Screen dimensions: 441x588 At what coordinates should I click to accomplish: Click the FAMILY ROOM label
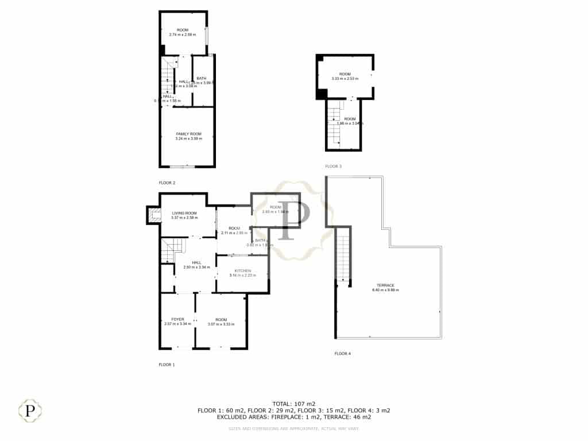(x=188, y=133)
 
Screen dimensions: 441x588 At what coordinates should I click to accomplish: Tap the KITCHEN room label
(x=243, y=270)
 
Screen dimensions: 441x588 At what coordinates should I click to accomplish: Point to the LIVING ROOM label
(x=184, y=213)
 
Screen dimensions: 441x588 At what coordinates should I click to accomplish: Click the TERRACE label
(x=385, y=285)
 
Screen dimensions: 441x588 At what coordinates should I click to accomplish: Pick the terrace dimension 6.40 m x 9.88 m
(x=385, y=290)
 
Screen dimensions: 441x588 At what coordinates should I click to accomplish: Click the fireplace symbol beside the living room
(x=153, y=215)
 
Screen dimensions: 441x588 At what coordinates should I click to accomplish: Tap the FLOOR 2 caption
(x=167, y=183)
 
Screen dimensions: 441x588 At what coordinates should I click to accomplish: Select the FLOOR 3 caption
(x=333, y=166)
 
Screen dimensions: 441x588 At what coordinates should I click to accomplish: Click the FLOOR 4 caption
(x=342, y=353)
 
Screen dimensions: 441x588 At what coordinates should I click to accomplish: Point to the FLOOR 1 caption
(x=167, y=365)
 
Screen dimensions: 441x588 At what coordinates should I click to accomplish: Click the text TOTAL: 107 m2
(x=293, y=404)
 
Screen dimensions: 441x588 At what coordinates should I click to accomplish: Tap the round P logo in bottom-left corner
(x=30, y=411)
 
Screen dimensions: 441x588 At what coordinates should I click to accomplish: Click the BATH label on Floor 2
(x=202, y=78)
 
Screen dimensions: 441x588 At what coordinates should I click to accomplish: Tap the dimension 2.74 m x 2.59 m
(x=183, y=34)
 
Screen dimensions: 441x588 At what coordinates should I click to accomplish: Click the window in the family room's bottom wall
(x=183, y=167)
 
